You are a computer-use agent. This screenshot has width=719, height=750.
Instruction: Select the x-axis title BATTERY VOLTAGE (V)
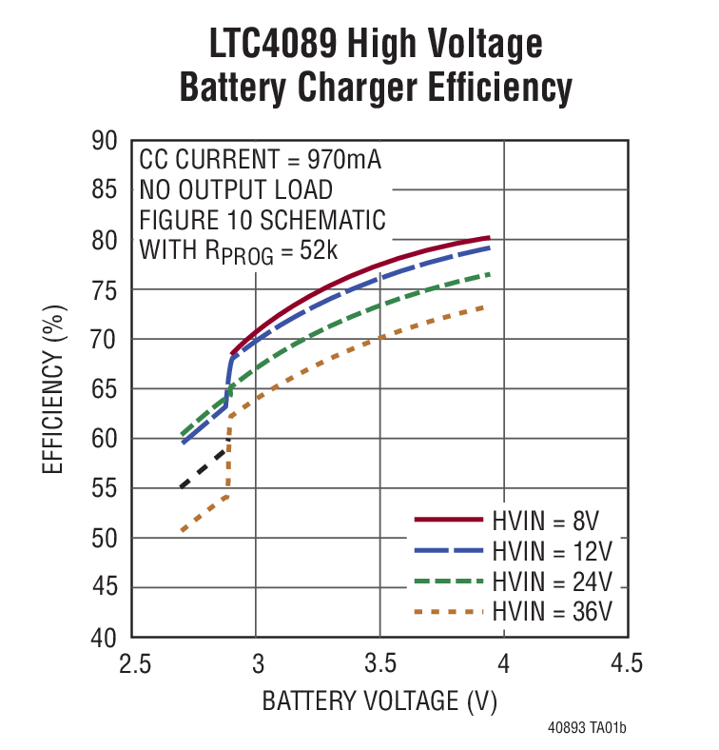click(379, 701)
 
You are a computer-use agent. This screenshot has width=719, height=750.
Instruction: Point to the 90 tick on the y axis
click(104, 141)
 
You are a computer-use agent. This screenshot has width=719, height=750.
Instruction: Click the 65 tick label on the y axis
click(104, 389)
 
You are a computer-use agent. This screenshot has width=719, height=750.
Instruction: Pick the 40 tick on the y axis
click(104, 637)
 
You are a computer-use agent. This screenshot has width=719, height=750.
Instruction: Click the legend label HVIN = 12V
click(552, 550)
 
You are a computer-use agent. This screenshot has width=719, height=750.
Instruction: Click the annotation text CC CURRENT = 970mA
click(261, 159)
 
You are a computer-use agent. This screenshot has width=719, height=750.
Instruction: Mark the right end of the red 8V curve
click(489, 238)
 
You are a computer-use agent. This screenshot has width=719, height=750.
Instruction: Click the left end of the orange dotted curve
click(182, 530)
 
